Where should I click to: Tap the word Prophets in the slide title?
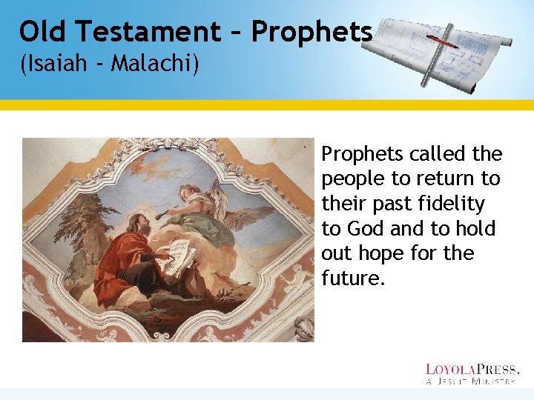pos(311,32)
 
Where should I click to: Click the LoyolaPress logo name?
pos(472,368)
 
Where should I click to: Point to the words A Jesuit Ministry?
pos(472,381)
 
